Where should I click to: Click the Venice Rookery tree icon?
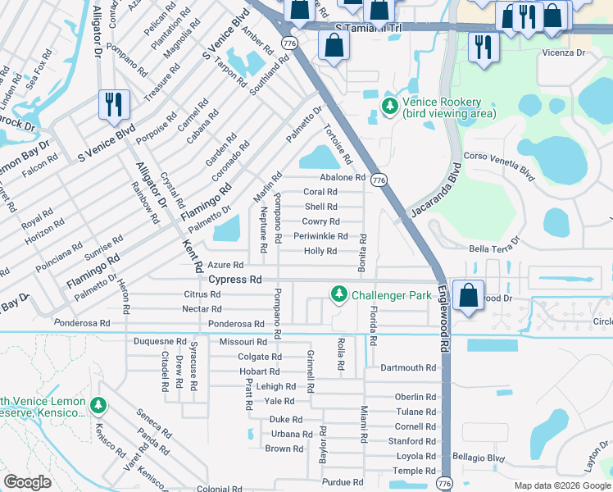[390, 106]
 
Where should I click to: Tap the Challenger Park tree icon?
[338, 294]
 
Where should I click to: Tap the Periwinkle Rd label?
[320, 236]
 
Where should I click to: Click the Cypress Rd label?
[234, 280]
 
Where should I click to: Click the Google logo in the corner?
[28, 482]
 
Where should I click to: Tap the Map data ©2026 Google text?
[561, 485]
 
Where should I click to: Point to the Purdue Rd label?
[343, 483]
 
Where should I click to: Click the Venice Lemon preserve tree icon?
[98, 406]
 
